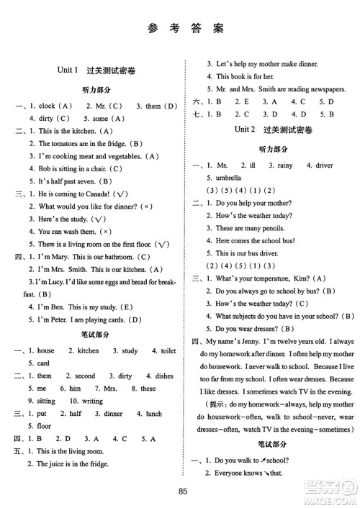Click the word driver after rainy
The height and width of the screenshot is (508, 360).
tap(319, 165)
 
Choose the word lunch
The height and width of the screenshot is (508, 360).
tap(156, 413)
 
